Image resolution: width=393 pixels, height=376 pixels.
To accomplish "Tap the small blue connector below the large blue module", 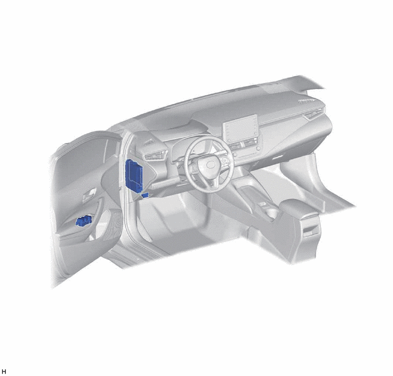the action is point(145,195).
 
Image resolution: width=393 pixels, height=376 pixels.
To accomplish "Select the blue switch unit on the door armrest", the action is point(83,221).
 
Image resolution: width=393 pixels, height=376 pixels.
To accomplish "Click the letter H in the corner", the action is point(4,371).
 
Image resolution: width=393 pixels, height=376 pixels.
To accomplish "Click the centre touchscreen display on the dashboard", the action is point(240,129).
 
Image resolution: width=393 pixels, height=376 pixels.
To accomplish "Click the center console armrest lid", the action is point(298,208).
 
